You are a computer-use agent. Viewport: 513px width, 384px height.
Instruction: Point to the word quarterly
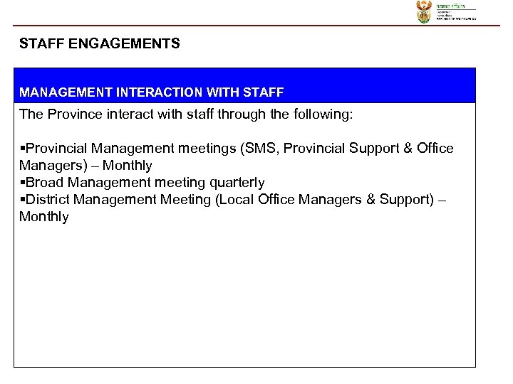point(231,183)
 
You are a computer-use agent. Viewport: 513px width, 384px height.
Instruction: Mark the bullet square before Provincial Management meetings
point(22,149)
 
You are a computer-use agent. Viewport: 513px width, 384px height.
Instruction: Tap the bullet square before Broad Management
point(22,183)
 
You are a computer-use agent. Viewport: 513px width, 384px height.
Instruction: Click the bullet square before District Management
point(22,200)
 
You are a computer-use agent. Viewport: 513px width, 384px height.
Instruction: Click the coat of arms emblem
point(424,11)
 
